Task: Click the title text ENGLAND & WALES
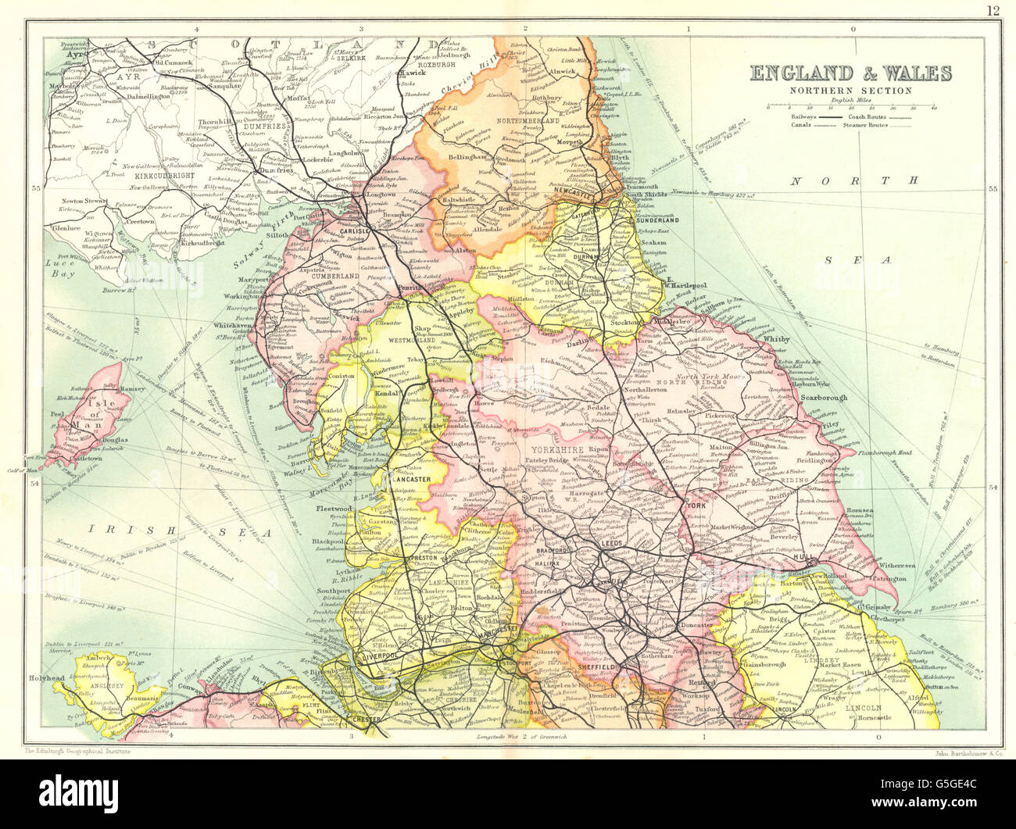click(x=851, y=73)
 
